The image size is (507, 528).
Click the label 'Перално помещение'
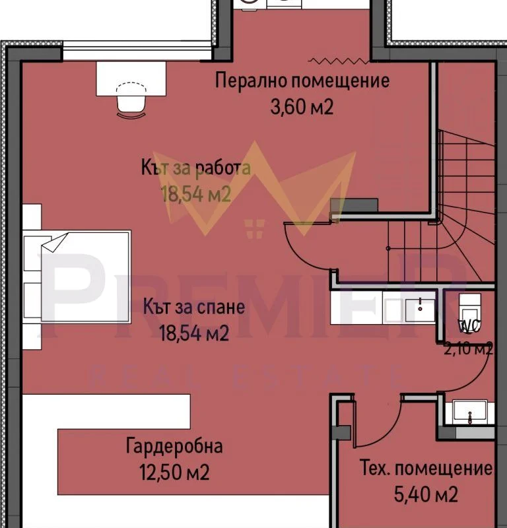[x=302, y=81]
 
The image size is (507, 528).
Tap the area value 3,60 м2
[x=302, y=108]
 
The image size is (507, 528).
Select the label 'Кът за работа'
[x=196, y=168]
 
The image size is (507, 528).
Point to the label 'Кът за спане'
[x=194, y=307]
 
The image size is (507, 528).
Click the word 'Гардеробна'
[x=174, y=446]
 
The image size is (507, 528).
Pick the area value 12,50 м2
[x=174, y=472]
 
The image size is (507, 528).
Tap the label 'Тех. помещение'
[x=426, y=468]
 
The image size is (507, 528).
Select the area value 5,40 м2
[x=426, y=494]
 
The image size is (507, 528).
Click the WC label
[x=469, y=326]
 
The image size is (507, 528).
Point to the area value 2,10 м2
[x=469, y=349]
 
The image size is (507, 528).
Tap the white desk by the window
[x=131, y=79]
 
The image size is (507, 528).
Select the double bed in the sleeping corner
[x=77, y=277]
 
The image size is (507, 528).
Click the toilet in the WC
[x=470, y=312]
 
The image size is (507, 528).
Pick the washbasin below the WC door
[x=470, y=411]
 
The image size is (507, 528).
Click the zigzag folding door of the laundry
[x=339, y=61]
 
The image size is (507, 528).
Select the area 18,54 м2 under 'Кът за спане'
[x=194, y=333]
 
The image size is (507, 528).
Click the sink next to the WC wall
[x=419, y=310]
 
